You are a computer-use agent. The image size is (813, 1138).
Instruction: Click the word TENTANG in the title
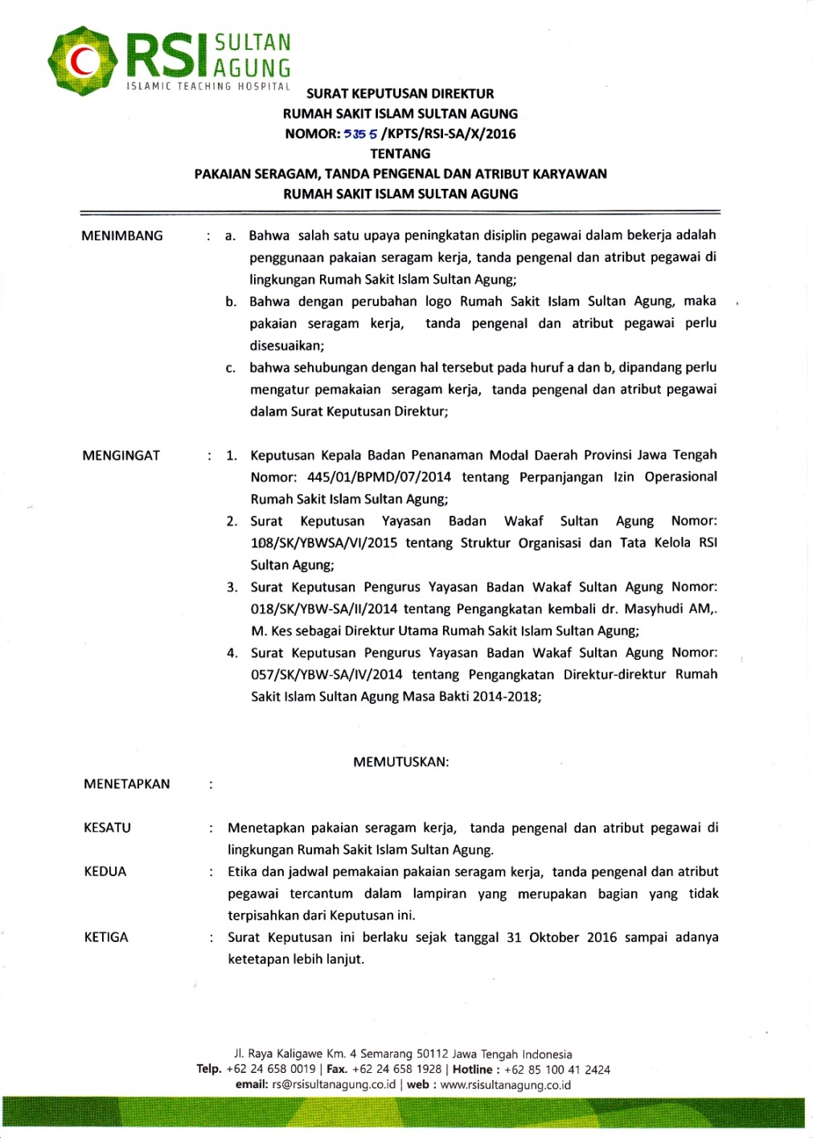(x=400, y=154)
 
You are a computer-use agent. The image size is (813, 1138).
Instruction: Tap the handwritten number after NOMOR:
(x=361, y=134)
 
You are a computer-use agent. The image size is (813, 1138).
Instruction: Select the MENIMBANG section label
(x=122, y=235)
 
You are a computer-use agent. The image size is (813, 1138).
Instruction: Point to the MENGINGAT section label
(x=121, y=456)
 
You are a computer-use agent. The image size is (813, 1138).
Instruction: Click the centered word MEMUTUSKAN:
(x=400, y=762)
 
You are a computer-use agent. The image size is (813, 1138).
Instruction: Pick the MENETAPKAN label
(x=127, y=784)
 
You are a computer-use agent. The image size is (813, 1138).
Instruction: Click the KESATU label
(x=107, y=828)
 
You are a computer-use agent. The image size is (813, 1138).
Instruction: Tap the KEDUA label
(x=105, y=872)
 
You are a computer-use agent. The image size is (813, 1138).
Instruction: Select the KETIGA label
(x=106, y=938)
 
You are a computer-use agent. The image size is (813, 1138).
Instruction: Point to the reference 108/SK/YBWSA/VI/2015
(x=323, y=543)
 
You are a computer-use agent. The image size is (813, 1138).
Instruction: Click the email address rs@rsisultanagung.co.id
(x=334, y=1085)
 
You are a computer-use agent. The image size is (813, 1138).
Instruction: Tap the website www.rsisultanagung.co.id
(x=506, y=1085)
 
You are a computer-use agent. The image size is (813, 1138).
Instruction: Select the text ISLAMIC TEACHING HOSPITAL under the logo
(x=208, y=86)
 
